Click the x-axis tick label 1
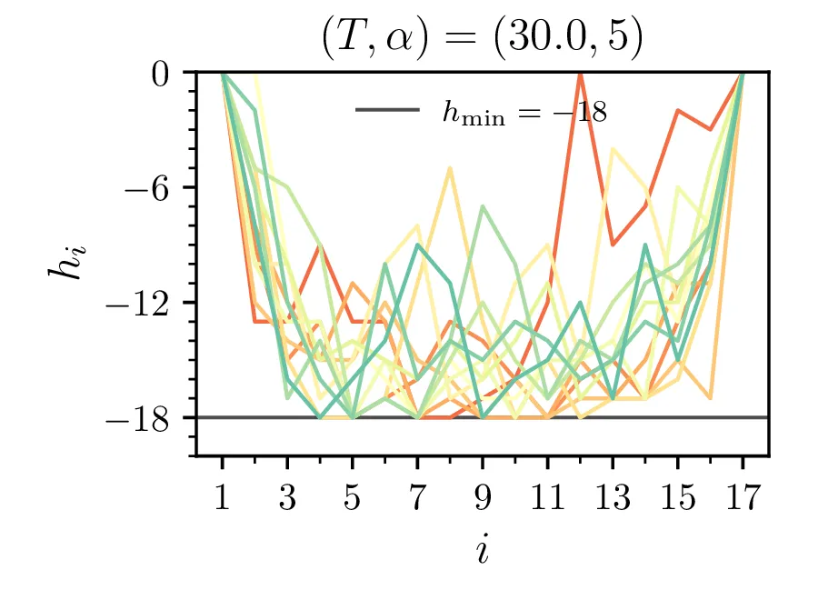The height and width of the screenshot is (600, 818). click(222, 500)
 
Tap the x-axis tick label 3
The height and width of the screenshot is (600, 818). click(287, 500)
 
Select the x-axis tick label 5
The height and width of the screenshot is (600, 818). click(353, 500)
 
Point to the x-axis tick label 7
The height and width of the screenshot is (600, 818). click(417, 500)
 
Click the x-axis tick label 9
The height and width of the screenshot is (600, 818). click(483, 500)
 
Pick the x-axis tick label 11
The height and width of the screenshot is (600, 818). click(548, 500)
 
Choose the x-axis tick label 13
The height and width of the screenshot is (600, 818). click(613, 500)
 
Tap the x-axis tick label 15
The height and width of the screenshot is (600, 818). click(678, 500)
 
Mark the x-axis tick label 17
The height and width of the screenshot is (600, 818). click(743, 500)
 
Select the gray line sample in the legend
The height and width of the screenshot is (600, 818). click(387, 110)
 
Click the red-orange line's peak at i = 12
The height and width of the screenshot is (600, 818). click(580, 74)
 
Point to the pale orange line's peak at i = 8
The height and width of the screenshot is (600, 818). click(450, 168)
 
